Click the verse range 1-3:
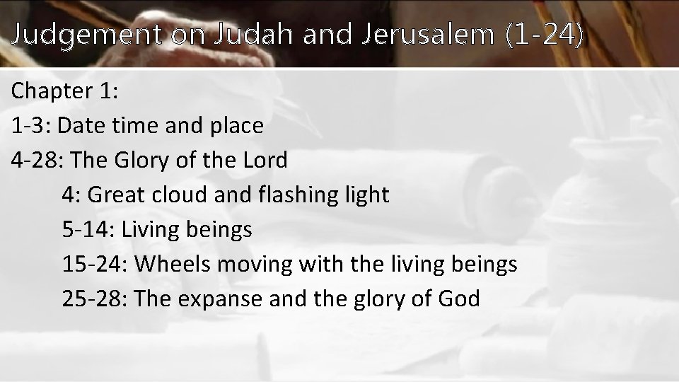click(x=32, y=126)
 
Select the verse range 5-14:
click(x=90, y=229)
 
